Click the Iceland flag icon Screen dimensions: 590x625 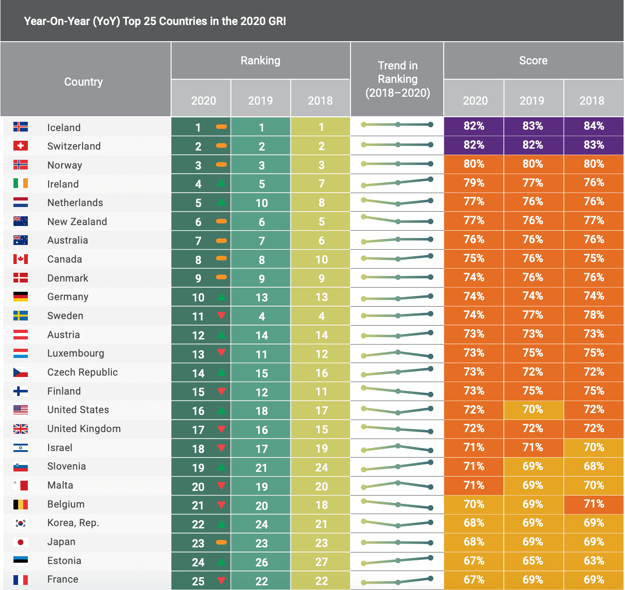pos(20,127)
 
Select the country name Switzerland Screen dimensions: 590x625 pos(74,146)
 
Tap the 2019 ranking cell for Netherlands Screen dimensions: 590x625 pos(261,203)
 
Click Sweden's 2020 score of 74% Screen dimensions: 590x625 pos(473,315)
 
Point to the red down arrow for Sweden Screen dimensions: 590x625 pos(222,315)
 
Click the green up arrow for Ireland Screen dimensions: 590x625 pos(222,183)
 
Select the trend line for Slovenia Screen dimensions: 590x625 pos(397,466)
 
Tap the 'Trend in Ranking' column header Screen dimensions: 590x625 pos(397,79)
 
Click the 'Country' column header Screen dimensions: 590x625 pos(83,82)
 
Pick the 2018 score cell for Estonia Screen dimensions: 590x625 pos(593,561)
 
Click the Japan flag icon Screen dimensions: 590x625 pos(20,542)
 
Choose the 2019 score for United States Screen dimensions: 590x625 pos(533,409)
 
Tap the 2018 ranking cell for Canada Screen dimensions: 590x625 pos(321,259)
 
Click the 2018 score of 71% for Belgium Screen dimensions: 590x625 pos(593,504)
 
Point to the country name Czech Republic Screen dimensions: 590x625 pos(83,372)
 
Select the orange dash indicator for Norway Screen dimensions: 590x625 pos(222,164)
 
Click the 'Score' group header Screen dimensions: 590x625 pos(533,61)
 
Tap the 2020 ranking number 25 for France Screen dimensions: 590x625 pos(198,581)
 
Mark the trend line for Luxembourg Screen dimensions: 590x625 pos(397,354)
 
